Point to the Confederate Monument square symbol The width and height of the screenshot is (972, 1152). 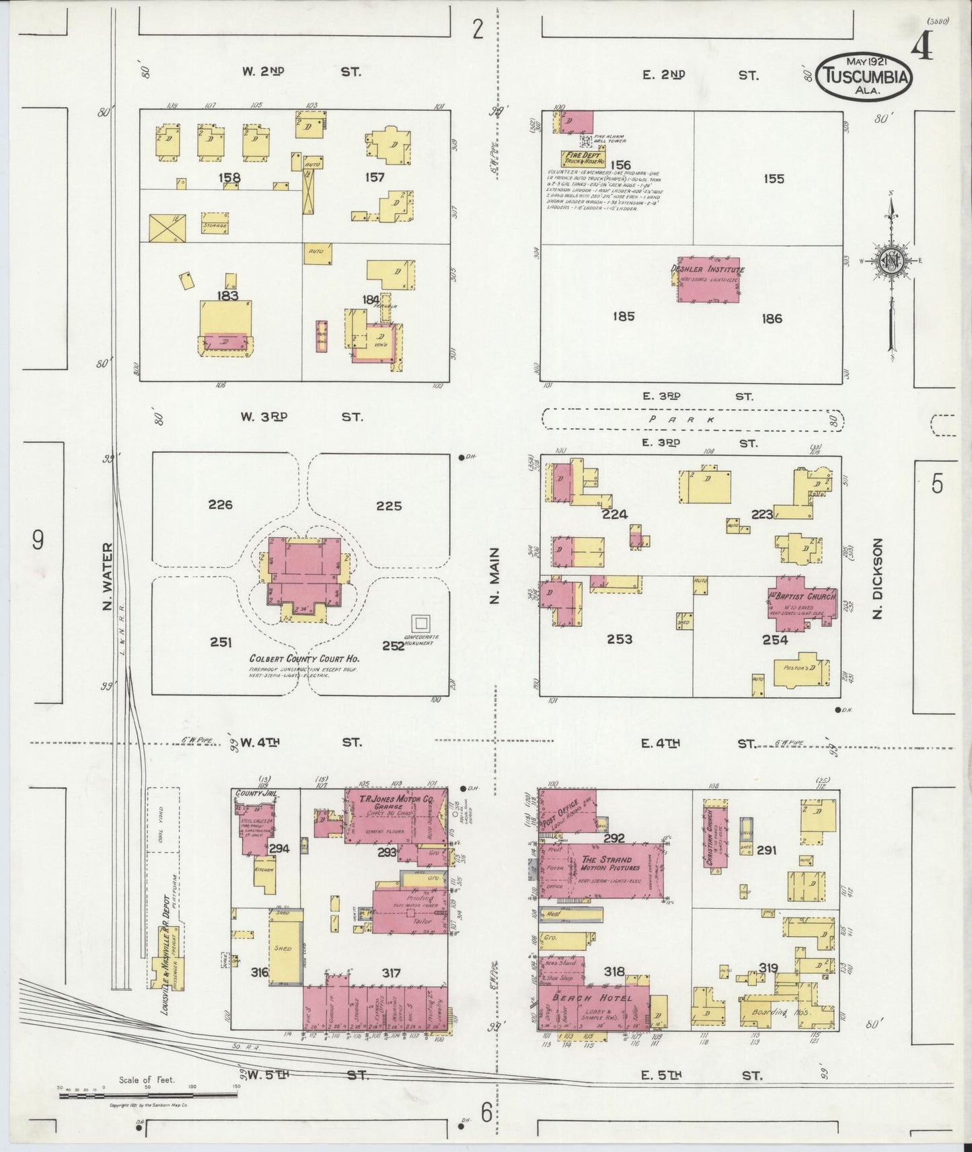(422, 623)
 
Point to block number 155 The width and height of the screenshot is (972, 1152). (774, 179)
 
